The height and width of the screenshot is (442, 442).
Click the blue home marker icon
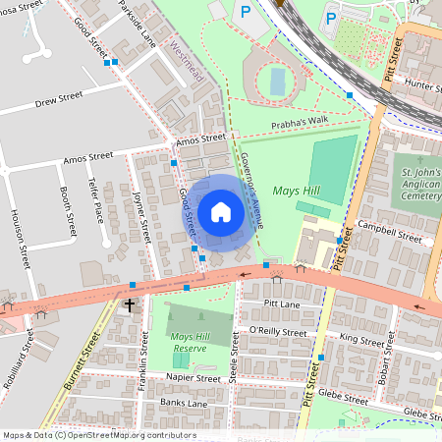[x=221, y=212]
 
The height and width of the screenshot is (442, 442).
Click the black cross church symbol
[x=130, y=305]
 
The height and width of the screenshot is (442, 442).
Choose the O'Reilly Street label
[x=281, y=330]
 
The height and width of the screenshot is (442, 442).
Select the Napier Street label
[x=193, y=378]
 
